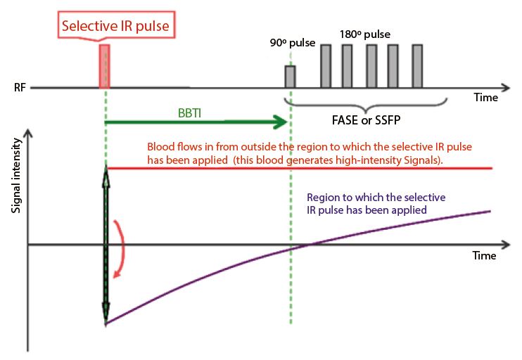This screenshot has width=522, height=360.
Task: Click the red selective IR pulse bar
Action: click(104, 66)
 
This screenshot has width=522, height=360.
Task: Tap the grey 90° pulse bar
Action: click(290, 76)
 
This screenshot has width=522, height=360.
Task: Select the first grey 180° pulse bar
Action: click(326, 66)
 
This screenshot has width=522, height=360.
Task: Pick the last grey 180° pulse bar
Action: click(417, 66)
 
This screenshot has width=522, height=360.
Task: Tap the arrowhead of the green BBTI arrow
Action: click(284, 122)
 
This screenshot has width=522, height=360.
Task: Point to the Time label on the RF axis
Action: click(485, 98)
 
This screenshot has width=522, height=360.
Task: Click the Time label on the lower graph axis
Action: click(484, 256)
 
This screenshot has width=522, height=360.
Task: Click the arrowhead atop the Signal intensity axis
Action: click(27, 132)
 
